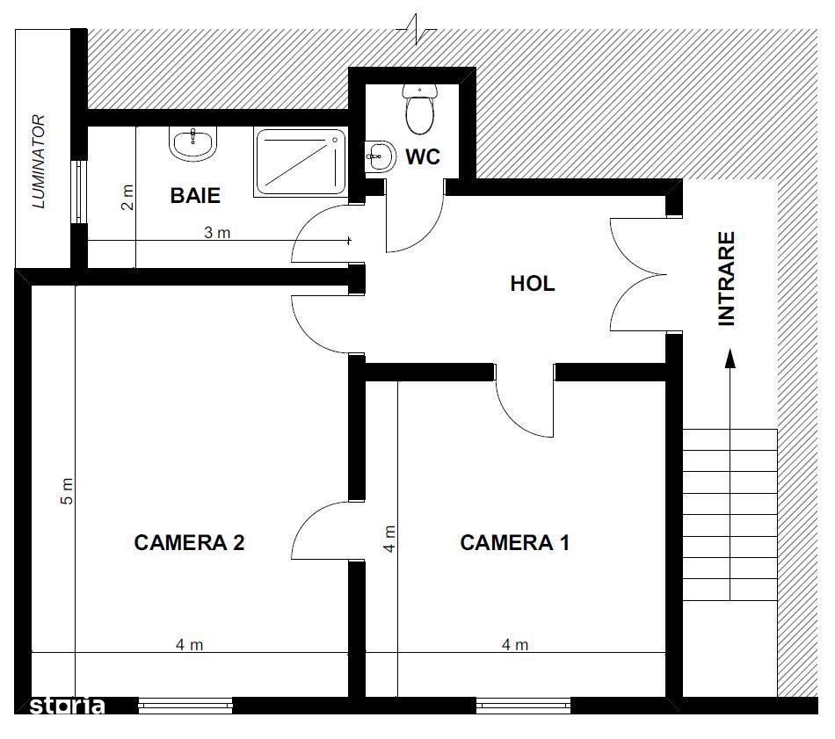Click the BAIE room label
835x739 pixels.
coord(195,195)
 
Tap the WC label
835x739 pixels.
coord(423,157)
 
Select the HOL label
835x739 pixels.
coord(533,283)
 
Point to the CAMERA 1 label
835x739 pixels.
coord(514,542)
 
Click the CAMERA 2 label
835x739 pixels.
coord(189,542)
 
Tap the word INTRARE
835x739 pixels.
coord(726,279)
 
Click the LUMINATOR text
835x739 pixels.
coord(40,162)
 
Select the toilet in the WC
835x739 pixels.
coord(420,108)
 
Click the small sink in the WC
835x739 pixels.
coord(381,156)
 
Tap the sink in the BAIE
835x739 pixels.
coord(193,143)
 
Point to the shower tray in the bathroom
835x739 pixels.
coord(301,162)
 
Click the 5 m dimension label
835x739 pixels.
coord(68,491)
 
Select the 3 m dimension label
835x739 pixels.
coord(217,233)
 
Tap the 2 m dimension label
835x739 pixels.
coord(127,197)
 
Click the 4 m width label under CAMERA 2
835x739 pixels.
coord(190,645)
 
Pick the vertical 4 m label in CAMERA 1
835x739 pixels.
coord(389,539)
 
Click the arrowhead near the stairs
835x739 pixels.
coord(730,359)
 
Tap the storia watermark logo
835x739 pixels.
coord(67,706)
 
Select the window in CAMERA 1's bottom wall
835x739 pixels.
coord(524,706)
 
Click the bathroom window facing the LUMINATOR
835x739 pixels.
coord(79,192)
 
